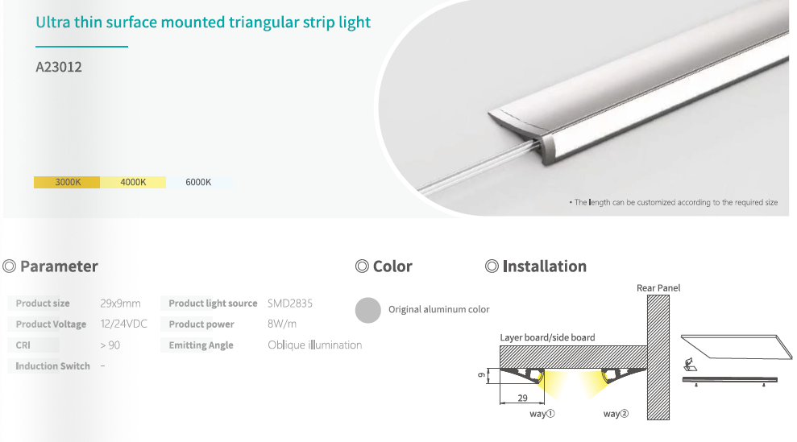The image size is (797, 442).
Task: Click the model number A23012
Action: [59, 67]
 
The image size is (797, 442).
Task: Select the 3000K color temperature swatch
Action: [67, 182]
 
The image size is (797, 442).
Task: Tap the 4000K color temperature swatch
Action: [133, 182]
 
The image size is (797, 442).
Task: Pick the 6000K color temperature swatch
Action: [198, 182]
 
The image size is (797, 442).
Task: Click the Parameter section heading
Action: [59, 266]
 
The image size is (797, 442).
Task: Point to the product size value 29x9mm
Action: [120, 304]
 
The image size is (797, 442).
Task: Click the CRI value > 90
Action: [110, 345]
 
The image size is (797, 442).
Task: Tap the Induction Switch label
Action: [53, 366]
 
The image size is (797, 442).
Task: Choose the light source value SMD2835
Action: [290, 304]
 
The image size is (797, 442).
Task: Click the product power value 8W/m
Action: [282, 324]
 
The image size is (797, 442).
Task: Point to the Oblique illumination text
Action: [314, 345]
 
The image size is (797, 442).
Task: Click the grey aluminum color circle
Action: [368, 310]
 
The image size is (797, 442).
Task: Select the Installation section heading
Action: [544, 266]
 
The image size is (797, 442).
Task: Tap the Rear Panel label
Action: [658, 288]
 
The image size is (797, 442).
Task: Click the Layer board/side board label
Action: [547, 337]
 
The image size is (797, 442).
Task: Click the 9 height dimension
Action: [482, 375]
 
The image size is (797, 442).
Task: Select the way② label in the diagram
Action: [616, 414]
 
